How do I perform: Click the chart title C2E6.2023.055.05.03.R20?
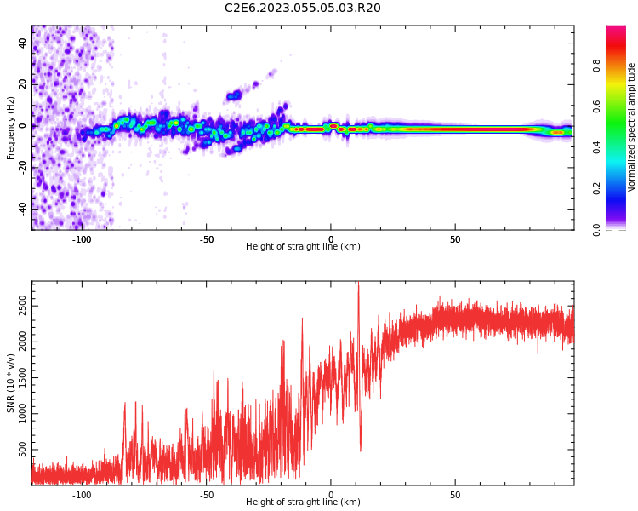(303, 9)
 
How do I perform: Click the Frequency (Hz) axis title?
(11, 128)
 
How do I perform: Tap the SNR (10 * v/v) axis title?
(11, 383)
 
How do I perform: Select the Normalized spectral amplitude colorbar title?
(632, 128)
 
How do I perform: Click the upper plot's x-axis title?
(303, 247)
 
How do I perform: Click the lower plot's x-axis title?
(303, 502)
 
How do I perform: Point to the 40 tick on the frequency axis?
(22, 43)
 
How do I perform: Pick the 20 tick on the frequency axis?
(22, 84)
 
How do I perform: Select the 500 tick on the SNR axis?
(20, 447)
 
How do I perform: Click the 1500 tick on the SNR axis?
(17, 376)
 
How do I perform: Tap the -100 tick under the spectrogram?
(82, 239)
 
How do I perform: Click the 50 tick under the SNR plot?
(455, 495)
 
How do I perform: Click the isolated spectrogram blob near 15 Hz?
(234, 96)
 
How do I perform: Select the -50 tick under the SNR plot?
(207, 495)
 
